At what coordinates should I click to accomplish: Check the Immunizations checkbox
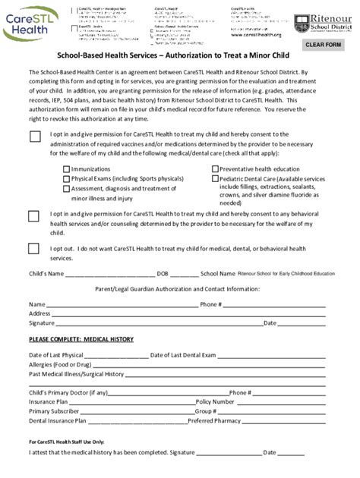(66, 169)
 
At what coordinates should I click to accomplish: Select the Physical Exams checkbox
(66, 179)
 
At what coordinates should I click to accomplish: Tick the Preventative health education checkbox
(214, 169)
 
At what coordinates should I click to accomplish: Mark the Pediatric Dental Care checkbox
(214, 179)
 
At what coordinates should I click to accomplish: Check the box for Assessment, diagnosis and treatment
(66, 188)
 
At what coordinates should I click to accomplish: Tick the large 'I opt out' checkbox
(34, 248)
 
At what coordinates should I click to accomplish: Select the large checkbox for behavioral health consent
(34, 215)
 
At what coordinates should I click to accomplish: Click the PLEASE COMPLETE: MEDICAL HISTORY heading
(81, 338)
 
